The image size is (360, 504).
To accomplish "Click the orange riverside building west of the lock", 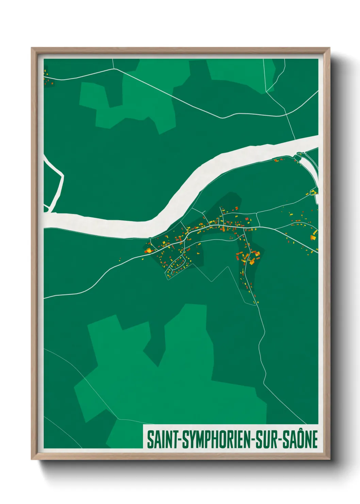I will [277, 160].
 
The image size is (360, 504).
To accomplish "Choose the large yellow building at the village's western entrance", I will [148, 251].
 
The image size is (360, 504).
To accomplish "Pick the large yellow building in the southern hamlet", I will [252, 261].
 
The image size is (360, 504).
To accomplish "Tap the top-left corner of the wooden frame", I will [32, 48].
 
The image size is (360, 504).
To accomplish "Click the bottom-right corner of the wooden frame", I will [329, 459].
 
